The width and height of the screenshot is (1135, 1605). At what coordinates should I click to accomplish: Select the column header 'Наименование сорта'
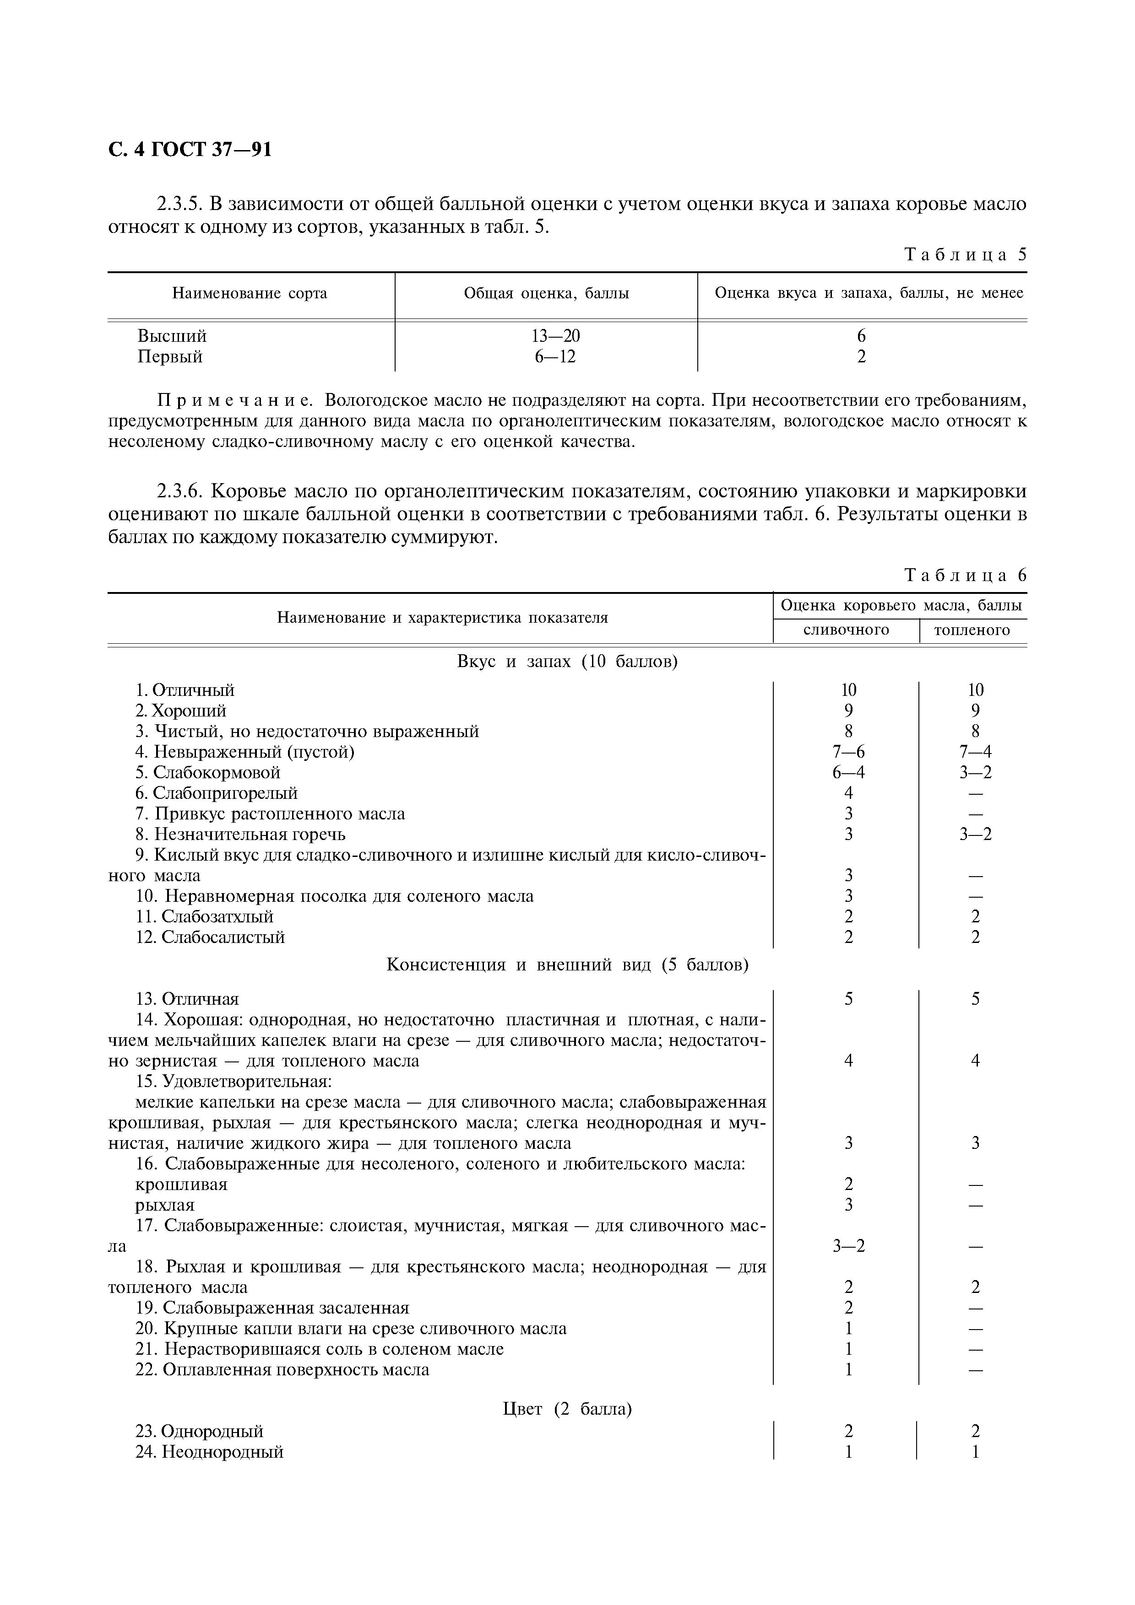[250, 294]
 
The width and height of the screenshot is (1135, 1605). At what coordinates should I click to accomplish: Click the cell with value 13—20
[555, 336]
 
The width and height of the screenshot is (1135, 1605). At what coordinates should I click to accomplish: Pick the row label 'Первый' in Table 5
[169, 357]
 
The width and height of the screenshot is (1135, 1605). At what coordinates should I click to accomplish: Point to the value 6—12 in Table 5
[555, 357]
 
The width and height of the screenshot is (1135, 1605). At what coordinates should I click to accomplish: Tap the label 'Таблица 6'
[965, 575]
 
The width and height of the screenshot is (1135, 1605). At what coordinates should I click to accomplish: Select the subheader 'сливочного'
[846, 630]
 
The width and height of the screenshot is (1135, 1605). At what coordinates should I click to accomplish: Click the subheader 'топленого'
[972, 630]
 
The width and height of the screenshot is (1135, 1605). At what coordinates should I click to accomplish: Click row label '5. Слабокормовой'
[208, 772]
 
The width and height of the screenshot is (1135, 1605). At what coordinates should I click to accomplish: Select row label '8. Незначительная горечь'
[240, 835]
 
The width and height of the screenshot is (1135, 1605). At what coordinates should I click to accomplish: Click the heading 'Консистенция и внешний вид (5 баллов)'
[567, 965]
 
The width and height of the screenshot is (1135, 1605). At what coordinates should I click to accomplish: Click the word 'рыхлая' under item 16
[165, 1205]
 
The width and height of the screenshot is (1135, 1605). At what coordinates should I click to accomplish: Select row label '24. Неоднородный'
[209, 1452]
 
